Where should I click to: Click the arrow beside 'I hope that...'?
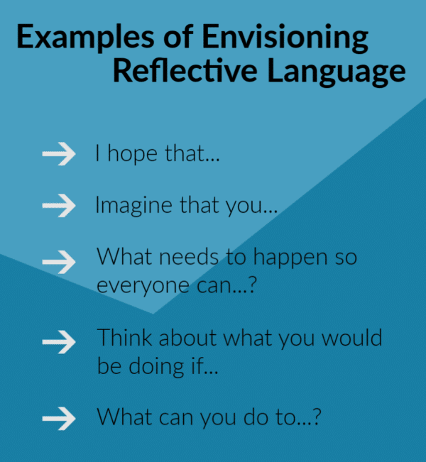click(x=59, y=155)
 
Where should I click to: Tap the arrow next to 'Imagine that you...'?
click(x=59, y=206)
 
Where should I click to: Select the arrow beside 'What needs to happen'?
click(x=59, y=260)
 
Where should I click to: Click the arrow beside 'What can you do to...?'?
click(x=59, y=417)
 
